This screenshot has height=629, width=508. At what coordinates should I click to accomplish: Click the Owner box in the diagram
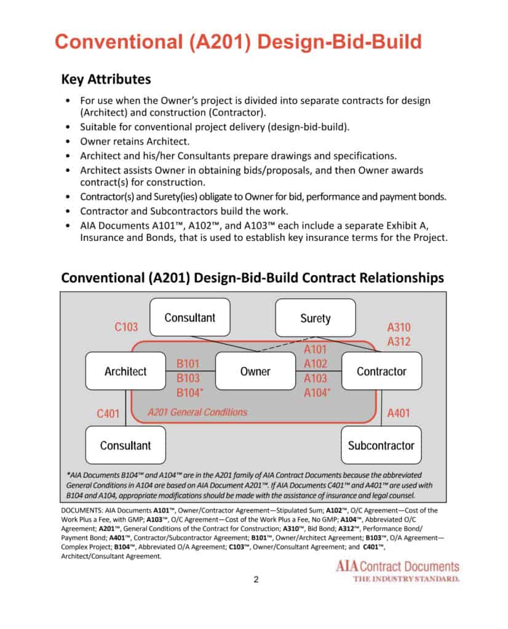pyautogui.click(x=255, y=371)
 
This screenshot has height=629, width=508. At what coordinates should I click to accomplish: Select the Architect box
pyautogui.click(x=125, y=371)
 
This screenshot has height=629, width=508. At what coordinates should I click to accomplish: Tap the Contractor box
pyautogui.click(x=381, y=371)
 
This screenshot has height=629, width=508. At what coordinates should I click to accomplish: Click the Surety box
pyautogui.click(x=315, y=318)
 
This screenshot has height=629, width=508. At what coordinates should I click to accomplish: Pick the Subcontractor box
pyautogui.click(x=381, y=445)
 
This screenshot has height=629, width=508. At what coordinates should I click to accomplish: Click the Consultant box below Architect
pyautogui.click(x=125, y=445)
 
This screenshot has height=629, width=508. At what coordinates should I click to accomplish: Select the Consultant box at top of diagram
pyautogui.click(x=190, y=318)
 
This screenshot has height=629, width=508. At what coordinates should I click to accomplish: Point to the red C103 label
pyautogui.click(x=126, y=327)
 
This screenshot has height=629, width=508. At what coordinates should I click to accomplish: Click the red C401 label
pyautogui.click(x=108, y=414)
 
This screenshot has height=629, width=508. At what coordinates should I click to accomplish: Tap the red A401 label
pyautogui.click(x=399, y=414)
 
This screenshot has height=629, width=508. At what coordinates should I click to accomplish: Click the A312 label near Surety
pyautogui.click(x=399, y=342)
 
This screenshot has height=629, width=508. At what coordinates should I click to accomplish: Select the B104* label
pyautogui.click(x=191, y=393)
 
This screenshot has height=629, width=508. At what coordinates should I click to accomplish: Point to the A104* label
pyautogui.click(x=317, y=393)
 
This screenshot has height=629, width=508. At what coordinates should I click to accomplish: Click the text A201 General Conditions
pyautogui.click(x=197, y=412)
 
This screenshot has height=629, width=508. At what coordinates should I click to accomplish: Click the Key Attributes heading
pyautogui.click(x=106, y=79)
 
